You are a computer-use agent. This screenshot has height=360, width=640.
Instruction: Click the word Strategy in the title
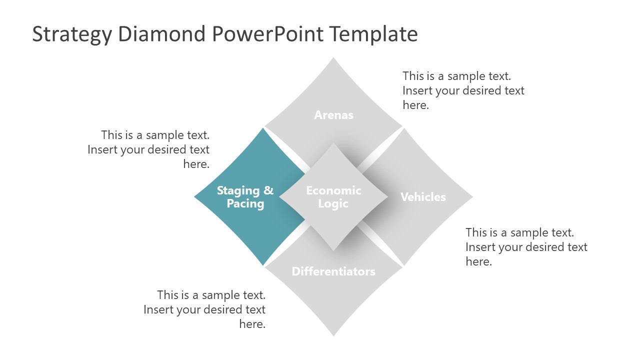71,34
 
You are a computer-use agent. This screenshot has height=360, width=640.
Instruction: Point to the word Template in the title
373,34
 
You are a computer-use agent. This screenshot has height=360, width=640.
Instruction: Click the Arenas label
333,115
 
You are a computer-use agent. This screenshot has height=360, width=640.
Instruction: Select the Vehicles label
423,197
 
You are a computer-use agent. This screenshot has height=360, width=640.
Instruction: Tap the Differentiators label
333,271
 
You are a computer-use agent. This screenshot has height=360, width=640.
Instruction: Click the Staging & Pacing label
245,197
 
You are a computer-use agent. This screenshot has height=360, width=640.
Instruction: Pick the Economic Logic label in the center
333,197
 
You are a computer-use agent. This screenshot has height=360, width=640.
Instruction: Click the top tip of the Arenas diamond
333,59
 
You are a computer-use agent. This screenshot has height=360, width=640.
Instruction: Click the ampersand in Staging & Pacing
268,190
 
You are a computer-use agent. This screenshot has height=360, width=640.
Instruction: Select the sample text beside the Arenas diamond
463,90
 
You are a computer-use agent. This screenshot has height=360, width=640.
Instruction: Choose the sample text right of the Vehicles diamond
526,246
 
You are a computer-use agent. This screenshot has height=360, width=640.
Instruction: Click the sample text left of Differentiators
204,309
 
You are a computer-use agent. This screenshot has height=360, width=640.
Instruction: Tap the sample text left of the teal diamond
148,149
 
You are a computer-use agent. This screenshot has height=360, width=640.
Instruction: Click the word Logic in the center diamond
333,204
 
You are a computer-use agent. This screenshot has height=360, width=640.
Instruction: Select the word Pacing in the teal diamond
245,204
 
